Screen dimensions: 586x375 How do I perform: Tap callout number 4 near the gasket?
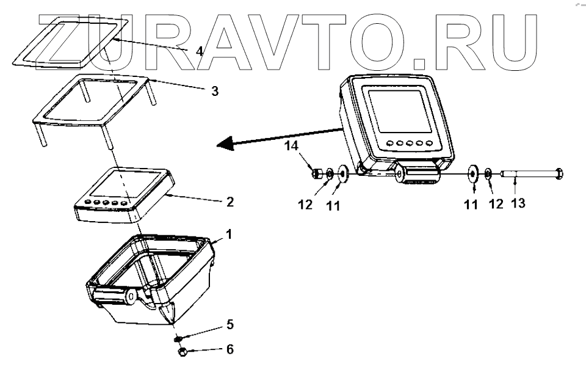coord(199,51)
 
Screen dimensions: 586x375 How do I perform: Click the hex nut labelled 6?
coord(181,352)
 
